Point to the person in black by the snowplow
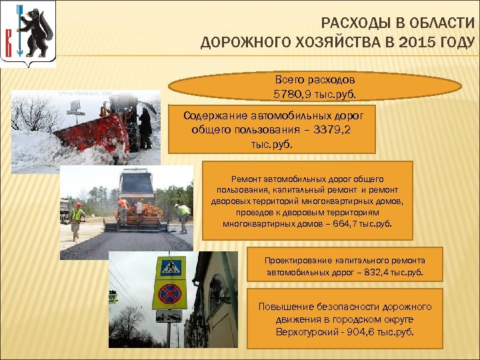tap(145, 127)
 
